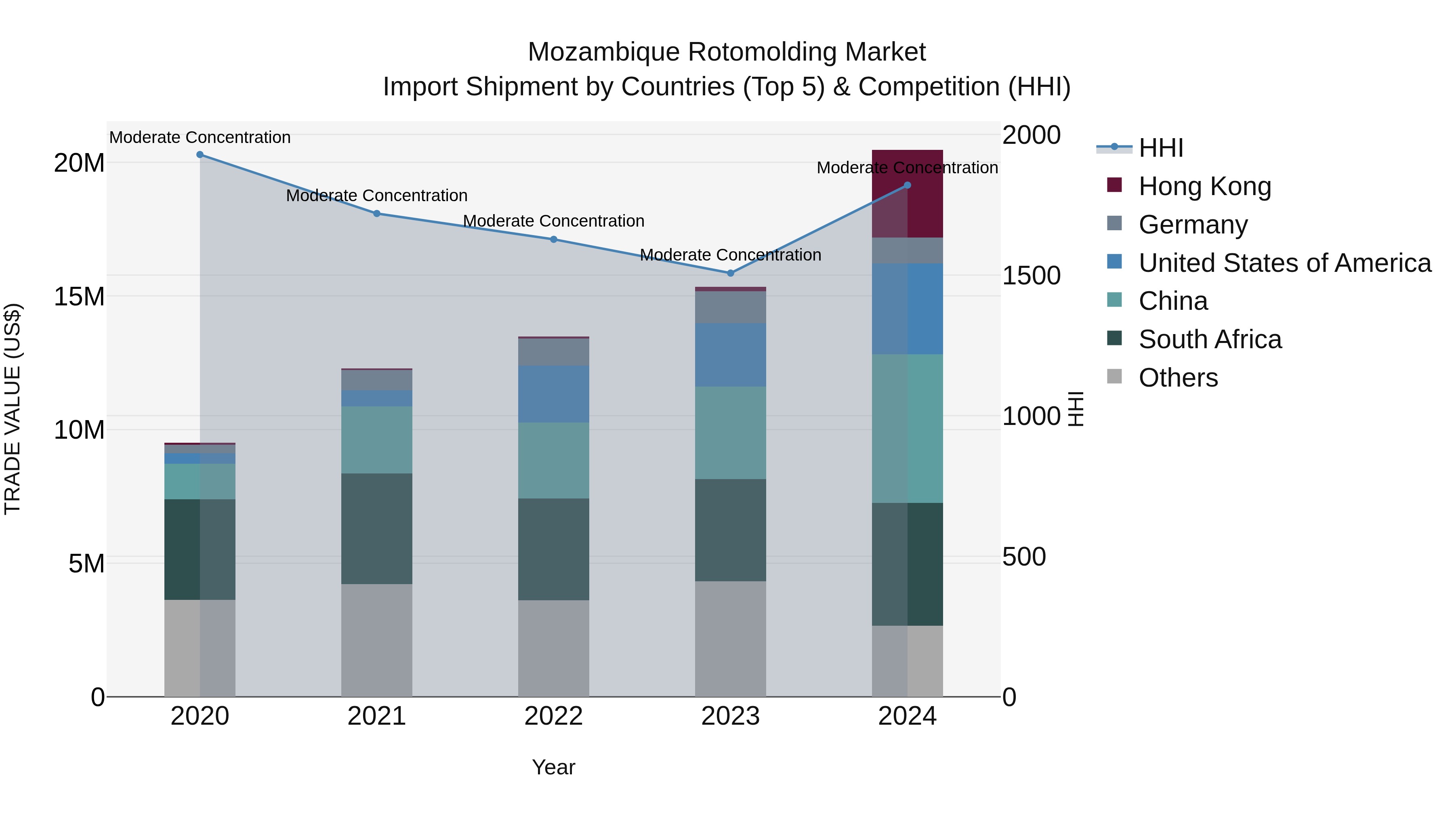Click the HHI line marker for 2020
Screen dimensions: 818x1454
coord(200,155)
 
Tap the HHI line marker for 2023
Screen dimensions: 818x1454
coord(730,273)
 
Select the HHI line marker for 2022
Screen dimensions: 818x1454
coord(554,240)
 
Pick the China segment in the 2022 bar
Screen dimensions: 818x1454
coord(554,460)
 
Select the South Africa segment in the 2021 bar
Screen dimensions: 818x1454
coord(376,528)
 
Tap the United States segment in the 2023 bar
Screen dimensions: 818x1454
coord(730,355)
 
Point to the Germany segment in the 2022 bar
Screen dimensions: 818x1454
coord(554,352)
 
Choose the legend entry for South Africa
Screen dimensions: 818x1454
coord(1210,339)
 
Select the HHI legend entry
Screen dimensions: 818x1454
coord(1160,148)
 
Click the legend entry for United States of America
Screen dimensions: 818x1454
coord(1284,263)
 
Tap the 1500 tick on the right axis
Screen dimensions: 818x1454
coord(1031,275)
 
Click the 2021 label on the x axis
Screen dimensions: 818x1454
coord(376,716)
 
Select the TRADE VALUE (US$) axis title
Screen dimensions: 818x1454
coord(13,409)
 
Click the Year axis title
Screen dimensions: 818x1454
coord(553,767)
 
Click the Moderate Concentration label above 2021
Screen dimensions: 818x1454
coord(376,196)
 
